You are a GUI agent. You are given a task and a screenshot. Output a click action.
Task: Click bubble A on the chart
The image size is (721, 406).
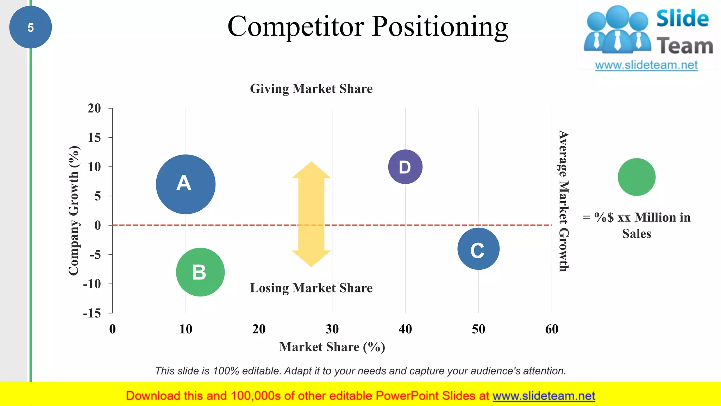(186, 184)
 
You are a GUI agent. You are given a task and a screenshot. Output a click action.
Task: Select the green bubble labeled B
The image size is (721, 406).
(200, 272)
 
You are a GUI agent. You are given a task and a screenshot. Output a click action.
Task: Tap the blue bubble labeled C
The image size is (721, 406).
(478, 249)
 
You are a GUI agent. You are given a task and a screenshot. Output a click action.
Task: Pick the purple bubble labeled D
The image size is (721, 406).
(405, 167)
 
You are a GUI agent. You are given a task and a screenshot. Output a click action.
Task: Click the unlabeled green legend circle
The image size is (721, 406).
(637, 177)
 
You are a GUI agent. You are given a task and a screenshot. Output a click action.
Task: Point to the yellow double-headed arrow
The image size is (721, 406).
(311, 214)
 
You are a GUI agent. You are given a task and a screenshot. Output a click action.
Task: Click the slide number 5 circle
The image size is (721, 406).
(31, 27)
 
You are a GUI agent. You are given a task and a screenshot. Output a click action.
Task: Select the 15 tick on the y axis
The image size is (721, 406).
(94, 137)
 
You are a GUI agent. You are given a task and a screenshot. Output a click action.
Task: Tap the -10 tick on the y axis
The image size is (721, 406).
(92, 284)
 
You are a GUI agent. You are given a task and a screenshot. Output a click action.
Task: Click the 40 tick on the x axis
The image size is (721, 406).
(405, 329)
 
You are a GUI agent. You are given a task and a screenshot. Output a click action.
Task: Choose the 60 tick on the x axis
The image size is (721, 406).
(552, 329)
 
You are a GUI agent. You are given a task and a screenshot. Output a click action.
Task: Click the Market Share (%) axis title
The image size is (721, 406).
(332, 347)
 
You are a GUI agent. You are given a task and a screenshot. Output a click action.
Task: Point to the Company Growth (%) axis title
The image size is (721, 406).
(74, 210)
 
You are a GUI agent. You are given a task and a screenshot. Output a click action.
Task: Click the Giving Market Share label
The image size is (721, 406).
(311, 88)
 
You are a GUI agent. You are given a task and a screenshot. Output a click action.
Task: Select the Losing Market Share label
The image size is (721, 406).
(311, 288)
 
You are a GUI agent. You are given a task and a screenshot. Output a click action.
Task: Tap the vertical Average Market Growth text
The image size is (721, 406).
(564, 201)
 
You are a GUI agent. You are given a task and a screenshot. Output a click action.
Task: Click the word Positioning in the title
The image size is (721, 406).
(440, 27)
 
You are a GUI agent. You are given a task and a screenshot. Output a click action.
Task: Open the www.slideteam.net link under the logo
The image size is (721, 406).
(646, 65)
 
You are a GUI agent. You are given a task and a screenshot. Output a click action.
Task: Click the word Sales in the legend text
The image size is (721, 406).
(637, 234)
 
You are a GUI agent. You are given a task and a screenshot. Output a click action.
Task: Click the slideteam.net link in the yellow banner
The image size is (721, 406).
(544, 396)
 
